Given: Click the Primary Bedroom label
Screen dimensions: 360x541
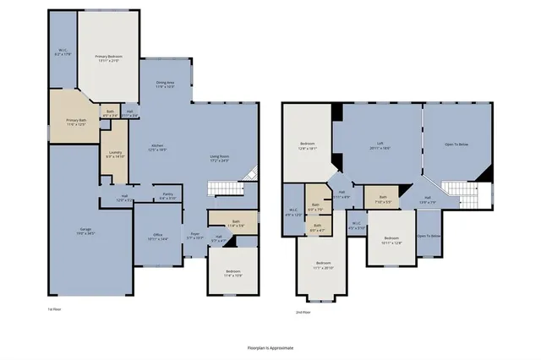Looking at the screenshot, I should pos(107,58).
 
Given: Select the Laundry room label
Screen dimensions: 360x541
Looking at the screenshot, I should pos(116,155).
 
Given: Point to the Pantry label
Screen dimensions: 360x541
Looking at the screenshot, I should pos(167,197).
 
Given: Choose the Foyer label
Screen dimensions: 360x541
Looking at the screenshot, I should pos(194,237).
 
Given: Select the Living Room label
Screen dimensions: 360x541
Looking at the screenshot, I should pos(221,158).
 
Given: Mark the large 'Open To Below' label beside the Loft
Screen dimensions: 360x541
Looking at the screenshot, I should pos(459,145).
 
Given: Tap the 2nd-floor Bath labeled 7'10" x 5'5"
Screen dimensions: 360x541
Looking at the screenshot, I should pos(383,199).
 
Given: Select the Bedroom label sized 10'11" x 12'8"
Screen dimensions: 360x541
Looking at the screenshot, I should pos(391,240).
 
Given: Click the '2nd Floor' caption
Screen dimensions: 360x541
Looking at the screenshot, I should pos(303,312).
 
